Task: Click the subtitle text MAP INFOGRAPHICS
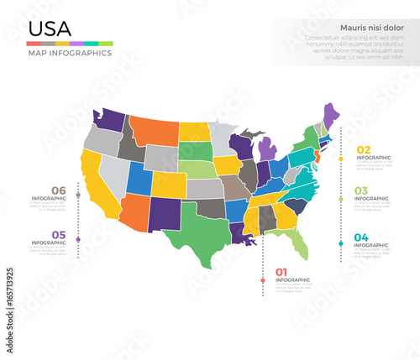point(71,53)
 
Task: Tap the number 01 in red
point(281,272)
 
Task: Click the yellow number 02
point(363,150)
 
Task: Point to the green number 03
point(361,191)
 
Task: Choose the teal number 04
point(361,237)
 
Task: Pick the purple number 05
point(58,235)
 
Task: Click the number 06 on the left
point(58,190)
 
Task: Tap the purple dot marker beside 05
point(78,240)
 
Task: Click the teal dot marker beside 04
point(340,243)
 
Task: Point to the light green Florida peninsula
point(295,244)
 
